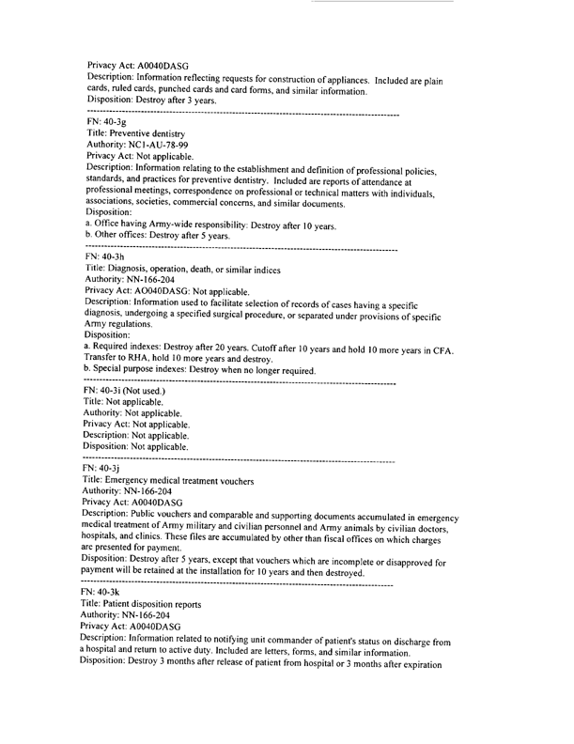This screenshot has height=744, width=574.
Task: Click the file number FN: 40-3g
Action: pyautogui.click(x=106, y=122)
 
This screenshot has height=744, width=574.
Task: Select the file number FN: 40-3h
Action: pyautogui.click(x=106, y=257)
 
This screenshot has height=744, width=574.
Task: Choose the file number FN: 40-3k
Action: pyautogui.click(x=106, y=595)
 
